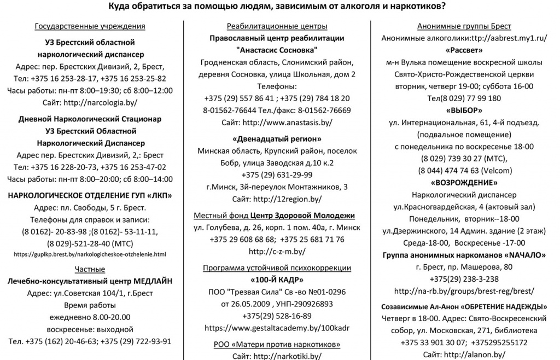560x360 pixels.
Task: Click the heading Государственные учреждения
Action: (x=90, y=26)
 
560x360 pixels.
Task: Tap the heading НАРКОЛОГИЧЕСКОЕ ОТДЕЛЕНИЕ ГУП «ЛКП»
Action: (x=90, y=195)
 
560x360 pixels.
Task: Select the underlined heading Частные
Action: (x=90, y=268)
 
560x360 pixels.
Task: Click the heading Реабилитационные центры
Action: (x=277, y=26)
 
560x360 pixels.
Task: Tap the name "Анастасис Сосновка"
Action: (x=277, y=50)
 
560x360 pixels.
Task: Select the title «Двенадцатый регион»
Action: (x=277, y=138)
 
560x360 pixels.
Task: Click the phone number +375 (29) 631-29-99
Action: (x=277, y=175)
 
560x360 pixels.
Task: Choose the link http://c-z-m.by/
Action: (x=277, y=252)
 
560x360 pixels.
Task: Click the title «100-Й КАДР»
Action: (x=277, y=280)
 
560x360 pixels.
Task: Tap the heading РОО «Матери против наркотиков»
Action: (x=277, y=344)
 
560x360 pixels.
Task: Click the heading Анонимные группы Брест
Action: (x=464, y=26)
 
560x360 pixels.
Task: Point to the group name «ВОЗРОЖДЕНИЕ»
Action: (x=464, y=183)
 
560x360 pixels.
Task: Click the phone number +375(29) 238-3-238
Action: (x=464, y=279)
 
